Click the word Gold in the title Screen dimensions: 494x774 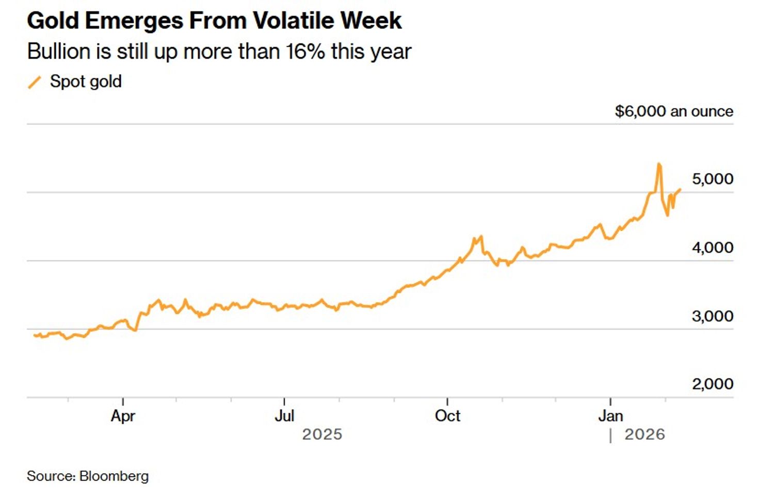point(53,21)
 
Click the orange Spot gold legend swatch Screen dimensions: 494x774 point(35,82)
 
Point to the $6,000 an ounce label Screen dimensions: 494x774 point(673,111)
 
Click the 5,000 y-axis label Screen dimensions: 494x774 point(712,179)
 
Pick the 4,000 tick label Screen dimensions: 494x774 point(712,248)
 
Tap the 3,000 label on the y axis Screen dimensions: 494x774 point(712,316)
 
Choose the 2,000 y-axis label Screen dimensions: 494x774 point(712,384)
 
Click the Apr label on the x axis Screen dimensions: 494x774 point(123,416)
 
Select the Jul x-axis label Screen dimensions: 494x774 point(284,416)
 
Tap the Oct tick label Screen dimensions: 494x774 point(447,416)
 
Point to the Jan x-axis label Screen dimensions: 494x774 point(610,416)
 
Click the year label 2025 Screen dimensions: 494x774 point(322,435)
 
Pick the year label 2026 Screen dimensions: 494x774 point(644,435)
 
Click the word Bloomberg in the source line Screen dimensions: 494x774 point(114,476)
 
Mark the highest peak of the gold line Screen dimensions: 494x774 point(659,164)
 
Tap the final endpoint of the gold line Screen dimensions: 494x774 point(680,189)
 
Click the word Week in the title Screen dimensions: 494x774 point(371,21)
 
